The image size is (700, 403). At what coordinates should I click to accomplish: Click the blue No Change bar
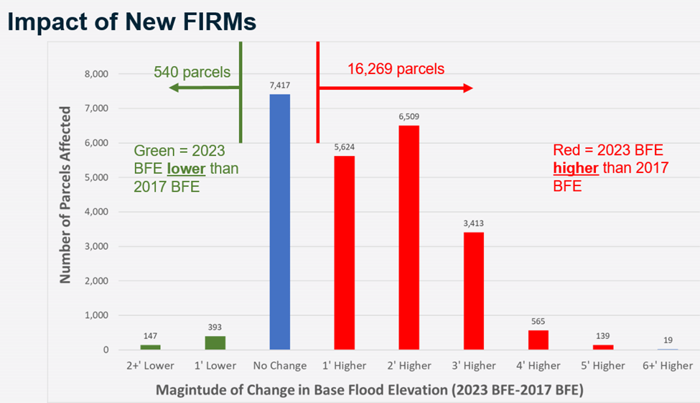280,222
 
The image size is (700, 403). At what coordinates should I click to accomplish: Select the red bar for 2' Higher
409,238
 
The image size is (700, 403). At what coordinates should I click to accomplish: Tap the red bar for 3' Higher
474,291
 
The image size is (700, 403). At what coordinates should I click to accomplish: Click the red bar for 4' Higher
538,340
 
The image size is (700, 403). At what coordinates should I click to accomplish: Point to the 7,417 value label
280,85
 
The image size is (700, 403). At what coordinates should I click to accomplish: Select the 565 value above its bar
538,323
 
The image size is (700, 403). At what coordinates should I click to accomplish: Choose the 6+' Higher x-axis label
667,366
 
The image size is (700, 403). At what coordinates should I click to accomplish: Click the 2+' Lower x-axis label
151,366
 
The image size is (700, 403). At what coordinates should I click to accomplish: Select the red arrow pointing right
395,88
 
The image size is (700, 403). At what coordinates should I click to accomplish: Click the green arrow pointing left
205,88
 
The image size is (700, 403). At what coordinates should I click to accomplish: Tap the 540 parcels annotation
192,72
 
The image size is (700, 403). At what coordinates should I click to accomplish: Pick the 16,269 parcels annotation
396,70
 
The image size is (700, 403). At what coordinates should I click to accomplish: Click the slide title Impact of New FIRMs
131,22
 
